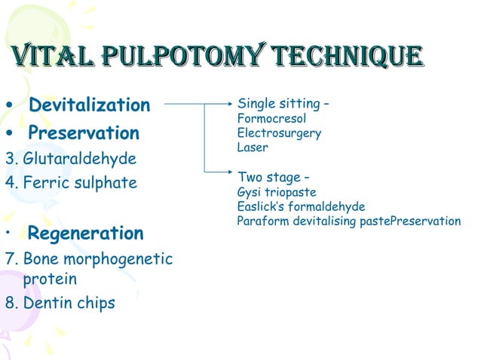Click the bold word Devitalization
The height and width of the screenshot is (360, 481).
pyautogui.click(x=89, y=105)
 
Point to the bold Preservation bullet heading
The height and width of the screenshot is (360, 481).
pyautogui.click(x=83, y=133)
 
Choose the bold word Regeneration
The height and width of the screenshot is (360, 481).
pyautogui.click(x=85, y=233)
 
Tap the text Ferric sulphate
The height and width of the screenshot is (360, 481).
pyautogui.click(x=80, y=182)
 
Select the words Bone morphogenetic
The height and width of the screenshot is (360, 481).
pyautogui.click(x=98, y=259)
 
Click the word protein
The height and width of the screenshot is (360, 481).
pyautogui.click(x=50, y=279)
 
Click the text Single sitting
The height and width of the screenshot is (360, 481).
pyautogui.click(x=279, y=104)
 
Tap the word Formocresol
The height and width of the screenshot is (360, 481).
pyautogui.click(x=271, y=119)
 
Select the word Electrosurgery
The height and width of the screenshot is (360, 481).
pyautogui.click(x=279, y=133)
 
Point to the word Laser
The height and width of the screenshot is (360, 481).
pyautogui.click(x=253, y=148)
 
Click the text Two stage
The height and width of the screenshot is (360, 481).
pyautogui.click(x=268, y=178)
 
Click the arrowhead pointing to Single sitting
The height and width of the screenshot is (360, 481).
pyautogui.click(x=226, y=104)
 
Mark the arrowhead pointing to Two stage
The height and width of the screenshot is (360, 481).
pyautogui.click(x=226, y=172)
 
